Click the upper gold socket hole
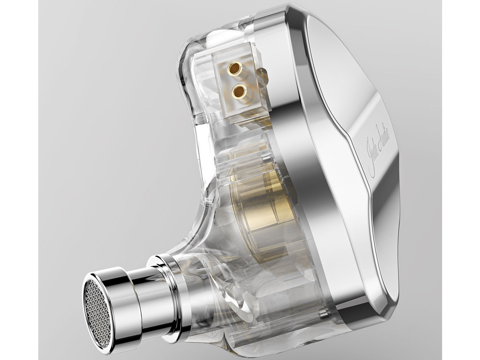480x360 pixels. (x=235, y=69)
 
